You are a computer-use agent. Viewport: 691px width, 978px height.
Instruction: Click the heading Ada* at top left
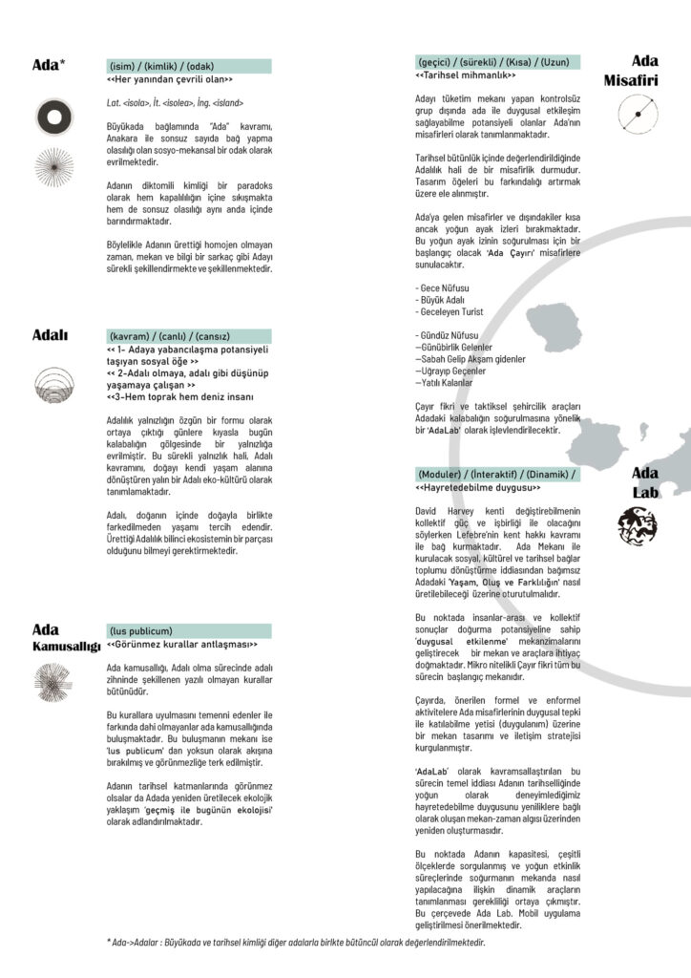click(49, 65)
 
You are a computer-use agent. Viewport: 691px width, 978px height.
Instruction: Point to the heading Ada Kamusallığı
click(65, 638)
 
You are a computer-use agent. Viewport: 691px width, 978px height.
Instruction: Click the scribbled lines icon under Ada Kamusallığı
click(53, 684)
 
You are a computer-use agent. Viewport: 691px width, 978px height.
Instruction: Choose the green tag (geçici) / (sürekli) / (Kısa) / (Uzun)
click(497, 62)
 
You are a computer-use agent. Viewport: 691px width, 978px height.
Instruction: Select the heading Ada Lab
click(645, 483)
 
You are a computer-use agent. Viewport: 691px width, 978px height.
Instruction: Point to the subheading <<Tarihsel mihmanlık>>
click(466, 75)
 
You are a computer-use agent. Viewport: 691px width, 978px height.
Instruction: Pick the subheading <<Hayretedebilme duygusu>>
click(477, 488)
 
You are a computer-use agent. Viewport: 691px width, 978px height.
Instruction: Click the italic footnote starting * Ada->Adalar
click(296, 943)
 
